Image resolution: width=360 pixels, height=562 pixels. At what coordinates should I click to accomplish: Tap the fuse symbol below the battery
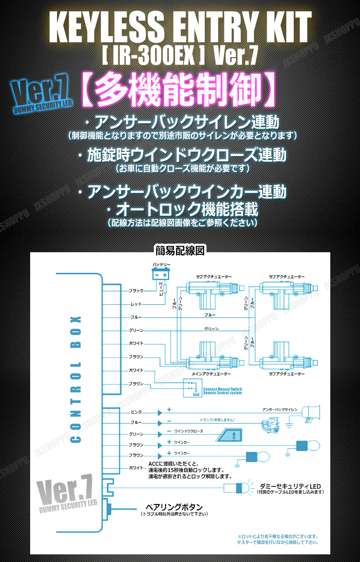click(x=165, y=288)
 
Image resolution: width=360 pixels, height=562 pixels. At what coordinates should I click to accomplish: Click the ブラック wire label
click(x=136, y=291)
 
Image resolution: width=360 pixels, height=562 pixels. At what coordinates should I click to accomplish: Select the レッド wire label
click(x=136, y=304)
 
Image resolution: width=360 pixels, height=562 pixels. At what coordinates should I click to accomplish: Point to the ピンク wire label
click(x=136, y=412)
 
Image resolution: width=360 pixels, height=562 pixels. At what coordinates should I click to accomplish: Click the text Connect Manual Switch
click(x=222, y=389)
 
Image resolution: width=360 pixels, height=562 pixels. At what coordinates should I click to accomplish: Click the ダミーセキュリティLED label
click(x=290, y=486)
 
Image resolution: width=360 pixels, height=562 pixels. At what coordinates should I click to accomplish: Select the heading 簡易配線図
click(x=180, y=250)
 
